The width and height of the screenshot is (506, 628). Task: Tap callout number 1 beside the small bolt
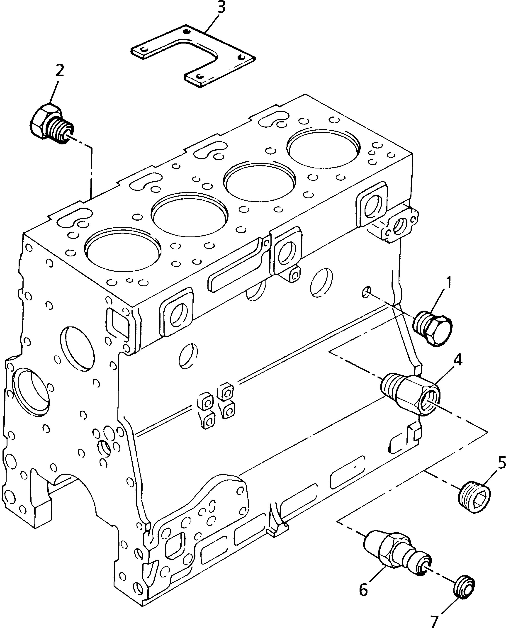448,282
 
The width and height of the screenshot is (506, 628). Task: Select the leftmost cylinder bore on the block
122,248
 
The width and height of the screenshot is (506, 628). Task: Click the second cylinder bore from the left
190,214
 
